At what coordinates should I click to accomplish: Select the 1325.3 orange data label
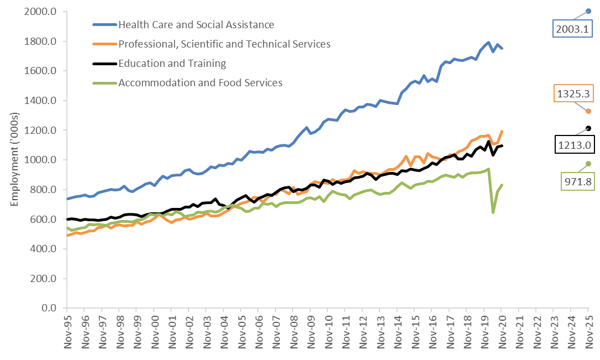570,94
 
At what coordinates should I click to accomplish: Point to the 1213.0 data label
573,146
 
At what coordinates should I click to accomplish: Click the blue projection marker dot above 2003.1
588,11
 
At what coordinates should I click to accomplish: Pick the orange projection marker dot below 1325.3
588,111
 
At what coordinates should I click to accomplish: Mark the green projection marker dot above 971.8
588,163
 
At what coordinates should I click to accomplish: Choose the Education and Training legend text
172,63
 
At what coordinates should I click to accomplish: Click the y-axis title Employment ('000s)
15,159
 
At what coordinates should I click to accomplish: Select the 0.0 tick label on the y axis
52,308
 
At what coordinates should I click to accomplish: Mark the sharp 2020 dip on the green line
493,212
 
